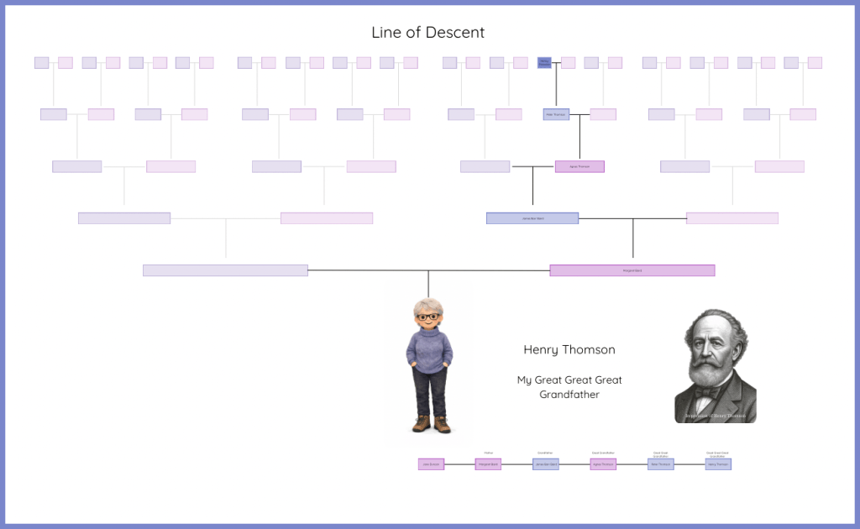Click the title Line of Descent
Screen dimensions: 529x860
[428, 33]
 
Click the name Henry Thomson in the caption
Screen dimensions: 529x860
[569, 349]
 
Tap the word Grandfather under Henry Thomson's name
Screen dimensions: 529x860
[569, 394]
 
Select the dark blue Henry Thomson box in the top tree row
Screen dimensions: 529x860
[544, 62]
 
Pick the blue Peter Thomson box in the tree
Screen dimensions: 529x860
[556, 114]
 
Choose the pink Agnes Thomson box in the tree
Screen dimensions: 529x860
[579, 166]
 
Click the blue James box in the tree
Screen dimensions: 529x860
[532, 218]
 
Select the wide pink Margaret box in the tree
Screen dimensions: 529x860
[632, 270]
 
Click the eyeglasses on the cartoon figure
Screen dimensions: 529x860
[428, 317]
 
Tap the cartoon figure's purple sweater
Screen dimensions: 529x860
[429, 348]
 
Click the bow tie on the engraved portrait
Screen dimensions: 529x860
[712, 390]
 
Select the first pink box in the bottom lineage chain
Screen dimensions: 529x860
[430, 464]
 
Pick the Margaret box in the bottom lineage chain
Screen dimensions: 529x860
[488, 464]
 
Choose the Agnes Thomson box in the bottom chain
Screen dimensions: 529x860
[603, 464]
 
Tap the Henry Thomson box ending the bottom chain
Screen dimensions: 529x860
[718, 464]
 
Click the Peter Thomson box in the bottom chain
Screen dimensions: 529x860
[660, 464]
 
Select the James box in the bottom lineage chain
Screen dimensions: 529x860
[546, 464]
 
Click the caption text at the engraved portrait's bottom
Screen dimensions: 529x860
[715, 416]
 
